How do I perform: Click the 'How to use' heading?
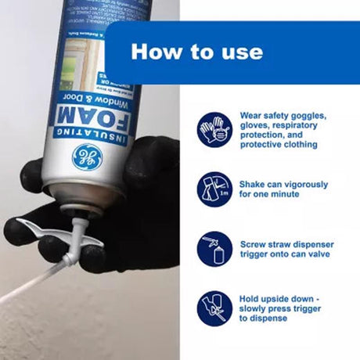[x=196, y=52]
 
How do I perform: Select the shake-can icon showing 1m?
[x=214, y=189]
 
